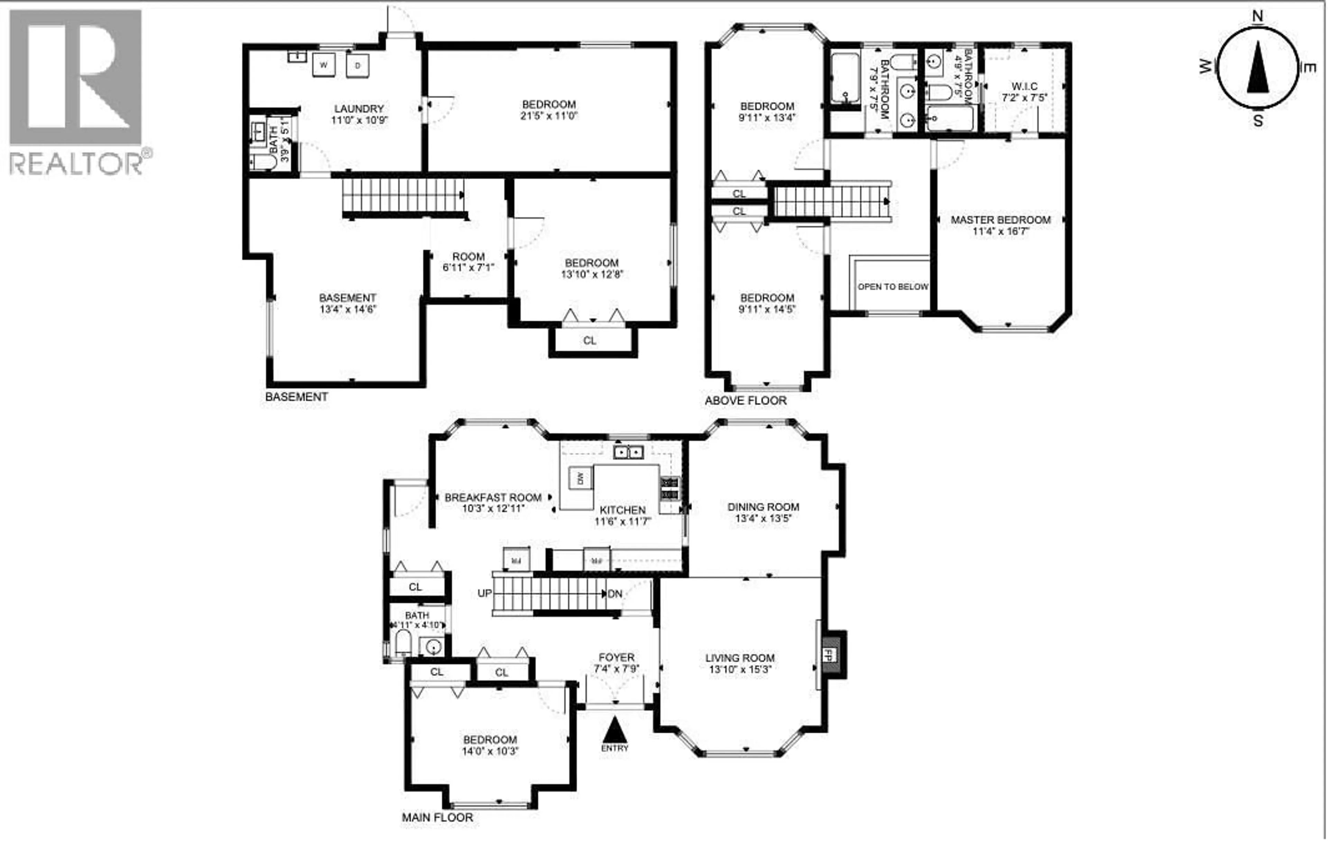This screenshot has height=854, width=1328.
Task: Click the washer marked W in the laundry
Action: (x=323, y=65)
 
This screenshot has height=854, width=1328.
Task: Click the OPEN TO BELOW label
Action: (x=893, y=287)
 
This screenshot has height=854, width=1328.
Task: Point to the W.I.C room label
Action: (x=1024, y=86)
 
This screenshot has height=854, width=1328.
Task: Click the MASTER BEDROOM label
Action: (x=1000, y=220)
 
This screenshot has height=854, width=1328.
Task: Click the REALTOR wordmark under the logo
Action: (x=76, y=164)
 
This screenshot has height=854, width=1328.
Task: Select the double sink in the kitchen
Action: (x=628, y=452)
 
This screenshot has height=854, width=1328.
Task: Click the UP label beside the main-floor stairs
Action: (x=484, y=593)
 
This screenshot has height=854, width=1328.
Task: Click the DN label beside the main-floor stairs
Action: (x=615, y=594)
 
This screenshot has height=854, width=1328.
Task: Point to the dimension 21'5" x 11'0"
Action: (x=549, y=116)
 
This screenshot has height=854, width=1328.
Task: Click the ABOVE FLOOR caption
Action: (x=745, y=401)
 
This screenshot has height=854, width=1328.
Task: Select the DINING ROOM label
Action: (x=763, y=507)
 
